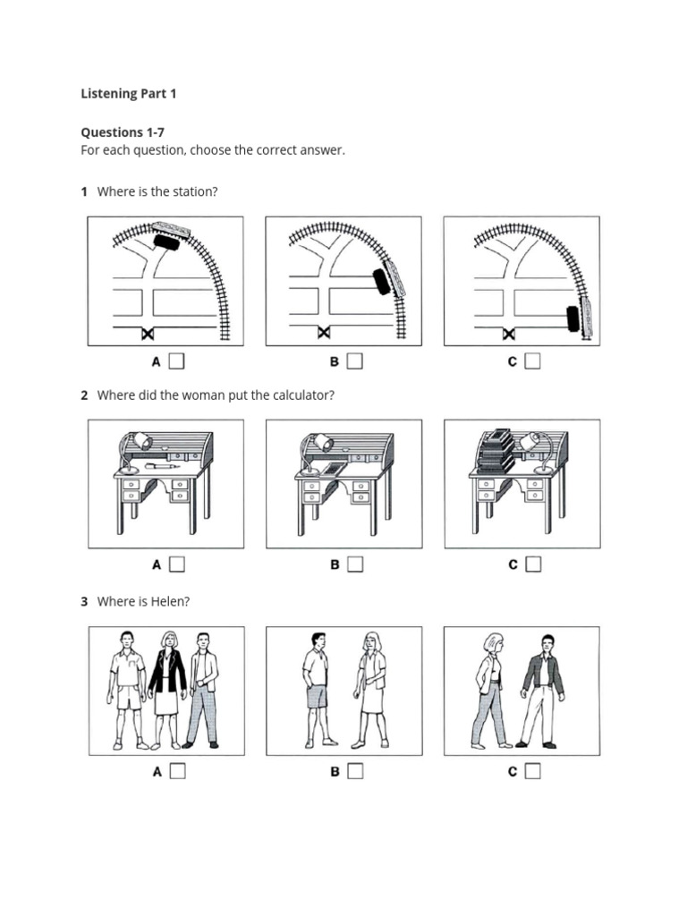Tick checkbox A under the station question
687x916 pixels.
tap(177, 361)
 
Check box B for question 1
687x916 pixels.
tap(355, 361)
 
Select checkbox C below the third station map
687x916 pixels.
tap(533, 361)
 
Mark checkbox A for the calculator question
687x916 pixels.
tap(177, 564)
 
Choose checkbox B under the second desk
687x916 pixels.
tap(355, 564)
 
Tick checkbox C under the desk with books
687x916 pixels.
tap(533, 564)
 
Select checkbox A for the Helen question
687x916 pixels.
tap(177, 771)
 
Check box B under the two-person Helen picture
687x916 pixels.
tap(355, 771)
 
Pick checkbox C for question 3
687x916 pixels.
tap(533, 771)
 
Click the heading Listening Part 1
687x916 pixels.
tap(129, 93)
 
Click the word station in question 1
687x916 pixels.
tap(194, 191)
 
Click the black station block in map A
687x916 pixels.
tap(165, 242)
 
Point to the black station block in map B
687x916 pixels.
tap(382, 282)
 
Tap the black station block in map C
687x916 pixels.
tap(572, 319)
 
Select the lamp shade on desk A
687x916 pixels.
tap(142, 441)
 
